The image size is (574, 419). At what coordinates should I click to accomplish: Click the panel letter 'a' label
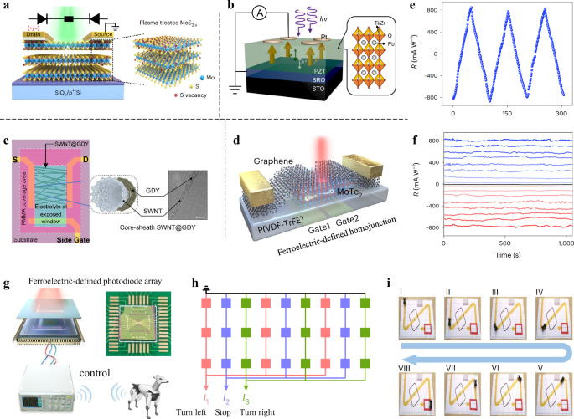(7, 8)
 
